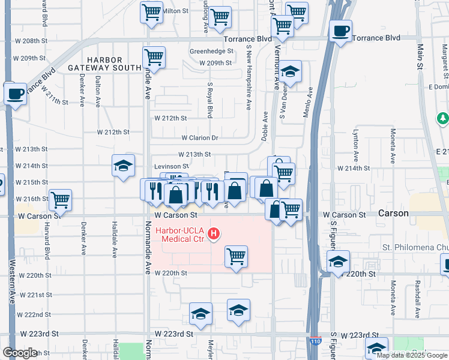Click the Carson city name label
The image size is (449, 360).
click(393, 214)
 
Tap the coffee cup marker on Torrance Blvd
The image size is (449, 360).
click(340, 31)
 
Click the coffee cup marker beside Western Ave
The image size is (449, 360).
click(14, 94)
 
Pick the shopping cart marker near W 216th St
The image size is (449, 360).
click(60, 199)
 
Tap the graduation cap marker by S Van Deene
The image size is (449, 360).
click(289, 72)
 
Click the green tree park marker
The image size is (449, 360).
click(443, 118)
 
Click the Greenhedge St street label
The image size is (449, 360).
click(211, 52)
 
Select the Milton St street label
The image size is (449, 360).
click(176, 11)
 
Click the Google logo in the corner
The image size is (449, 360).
click(20, 353)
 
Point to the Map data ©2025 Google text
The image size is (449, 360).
click(411, 355)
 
